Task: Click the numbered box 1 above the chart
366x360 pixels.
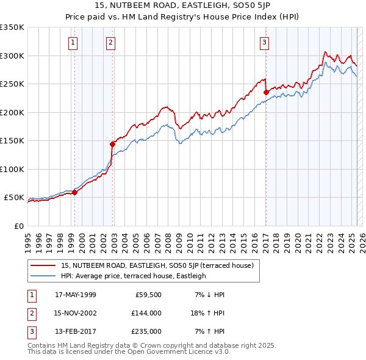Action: tap(73, 42)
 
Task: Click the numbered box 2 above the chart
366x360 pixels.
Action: tap(110, 42)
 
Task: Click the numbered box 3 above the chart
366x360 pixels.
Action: tap(264, 42)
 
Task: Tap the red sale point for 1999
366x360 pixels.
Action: tap(74, 192)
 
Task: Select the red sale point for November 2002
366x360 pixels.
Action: tap(112, 144)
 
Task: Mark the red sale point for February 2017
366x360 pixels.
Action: tap(266, 92)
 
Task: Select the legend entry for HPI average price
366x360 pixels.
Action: tap(134, 276)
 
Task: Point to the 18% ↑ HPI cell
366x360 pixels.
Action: tap(208, 313)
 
